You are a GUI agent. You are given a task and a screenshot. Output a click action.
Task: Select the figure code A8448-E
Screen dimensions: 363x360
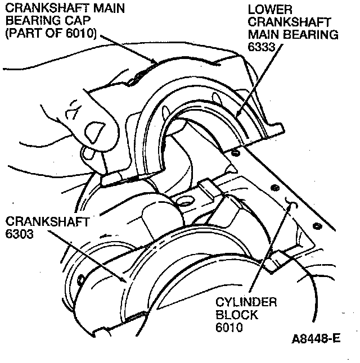(x=316, y=339)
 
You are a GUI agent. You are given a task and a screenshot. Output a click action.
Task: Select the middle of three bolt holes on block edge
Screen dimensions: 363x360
(x=274, y=187)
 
